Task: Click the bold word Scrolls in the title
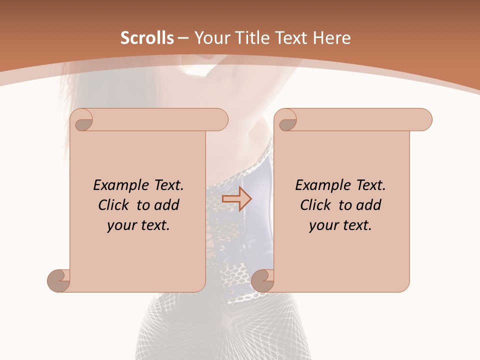point(147,37)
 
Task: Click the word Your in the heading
point(210,37)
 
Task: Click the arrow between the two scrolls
point(236,199)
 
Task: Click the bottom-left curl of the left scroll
point(58,280)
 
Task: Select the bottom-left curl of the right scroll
point(262,280)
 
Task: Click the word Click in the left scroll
point(115,205)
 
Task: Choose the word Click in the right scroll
point(317,205)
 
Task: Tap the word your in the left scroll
point(121,225)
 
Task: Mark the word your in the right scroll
point(323,225)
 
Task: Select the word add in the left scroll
point(166,205)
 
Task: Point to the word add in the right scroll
point(368,205)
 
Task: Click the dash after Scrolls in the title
point(183,38)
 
